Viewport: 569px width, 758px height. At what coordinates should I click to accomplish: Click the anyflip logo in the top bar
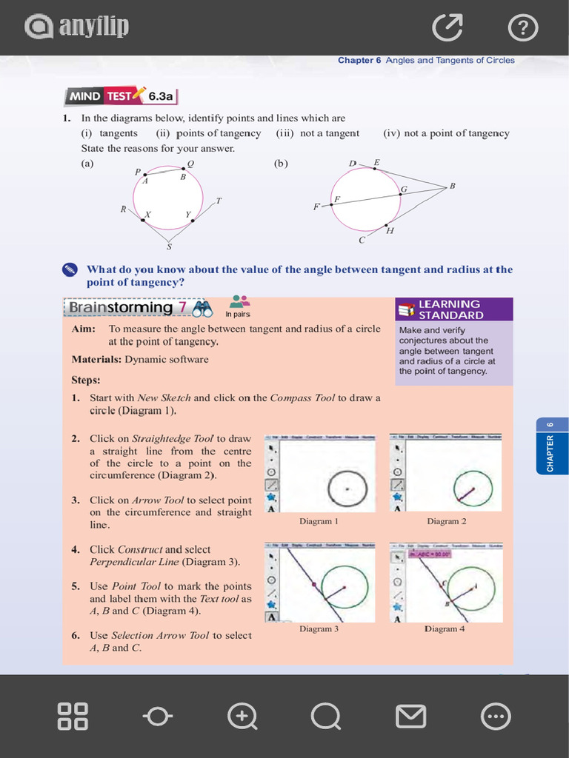click(77, 27)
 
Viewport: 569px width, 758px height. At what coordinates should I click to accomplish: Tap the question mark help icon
click(523, 29)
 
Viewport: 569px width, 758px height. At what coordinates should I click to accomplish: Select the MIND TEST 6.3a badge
click(122, 95)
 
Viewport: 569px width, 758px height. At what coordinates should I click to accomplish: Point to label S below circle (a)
click(169, 246)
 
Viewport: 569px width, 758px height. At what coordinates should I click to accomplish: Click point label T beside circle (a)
click(219, 201)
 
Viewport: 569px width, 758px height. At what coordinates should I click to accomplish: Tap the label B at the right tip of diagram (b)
click(452, 186)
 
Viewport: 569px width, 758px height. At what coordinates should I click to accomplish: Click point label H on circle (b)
click(390, 231)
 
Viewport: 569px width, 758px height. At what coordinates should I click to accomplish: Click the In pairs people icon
click(239, 301)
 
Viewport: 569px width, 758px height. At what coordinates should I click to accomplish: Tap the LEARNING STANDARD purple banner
click(453, 309)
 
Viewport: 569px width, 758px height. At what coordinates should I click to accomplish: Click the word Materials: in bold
click(96, 359)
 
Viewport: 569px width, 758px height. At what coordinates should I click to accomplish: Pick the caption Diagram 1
click(319, 521)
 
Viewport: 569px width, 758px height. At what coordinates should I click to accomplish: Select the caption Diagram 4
click(445, 628)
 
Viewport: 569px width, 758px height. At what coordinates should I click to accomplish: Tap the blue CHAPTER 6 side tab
click(550, 446)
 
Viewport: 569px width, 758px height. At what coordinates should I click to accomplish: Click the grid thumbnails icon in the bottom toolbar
click(73, 717)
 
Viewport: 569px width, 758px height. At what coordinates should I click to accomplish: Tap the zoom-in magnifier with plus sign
click(242, 717)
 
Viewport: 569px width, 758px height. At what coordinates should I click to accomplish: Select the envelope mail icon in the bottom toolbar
click(410, 717)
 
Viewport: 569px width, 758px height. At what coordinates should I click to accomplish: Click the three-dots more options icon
click(496, 717)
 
